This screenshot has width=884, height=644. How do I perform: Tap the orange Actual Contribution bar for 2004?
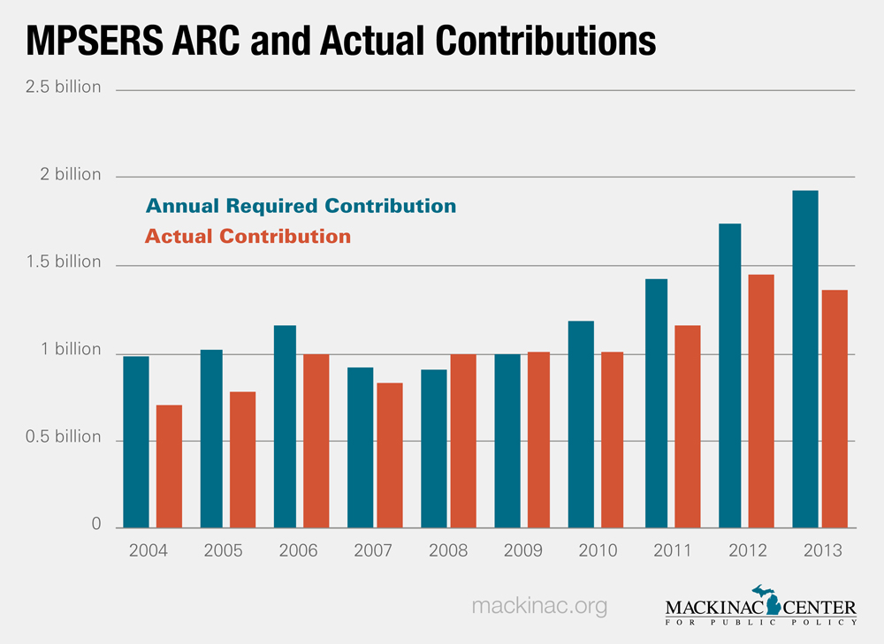click(169, 466)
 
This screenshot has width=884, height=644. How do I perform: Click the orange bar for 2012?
click(761, 401)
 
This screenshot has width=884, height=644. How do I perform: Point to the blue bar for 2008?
click(433, 448)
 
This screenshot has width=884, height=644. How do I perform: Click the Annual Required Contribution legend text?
click(301, 207)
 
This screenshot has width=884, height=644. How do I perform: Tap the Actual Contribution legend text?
click(248, 237)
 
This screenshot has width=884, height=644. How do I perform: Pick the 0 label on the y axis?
click(95, 525)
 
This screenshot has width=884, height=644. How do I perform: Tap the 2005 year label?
click(223, 550)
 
